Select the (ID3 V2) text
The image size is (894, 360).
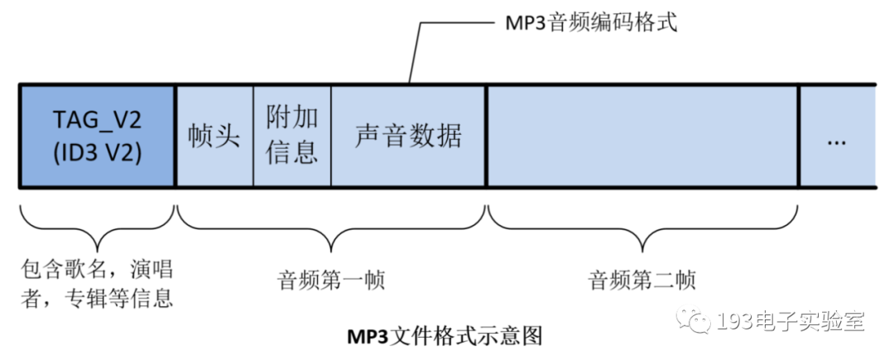pos(98,153)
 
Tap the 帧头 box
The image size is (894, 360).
pos(214,136)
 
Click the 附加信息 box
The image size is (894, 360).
pos(292,136)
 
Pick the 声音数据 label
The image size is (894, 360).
pos(408,136)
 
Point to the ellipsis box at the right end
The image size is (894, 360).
pos(837,137)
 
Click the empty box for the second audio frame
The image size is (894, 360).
pos(642,136)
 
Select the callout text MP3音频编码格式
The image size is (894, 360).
pos(591,24)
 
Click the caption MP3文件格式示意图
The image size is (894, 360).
pos(444,337)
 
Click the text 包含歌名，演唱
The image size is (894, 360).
pos(98,270)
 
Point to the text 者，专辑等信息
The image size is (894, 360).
pos(98,298)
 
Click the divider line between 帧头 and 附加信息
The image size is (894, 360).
pos(253,136)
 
